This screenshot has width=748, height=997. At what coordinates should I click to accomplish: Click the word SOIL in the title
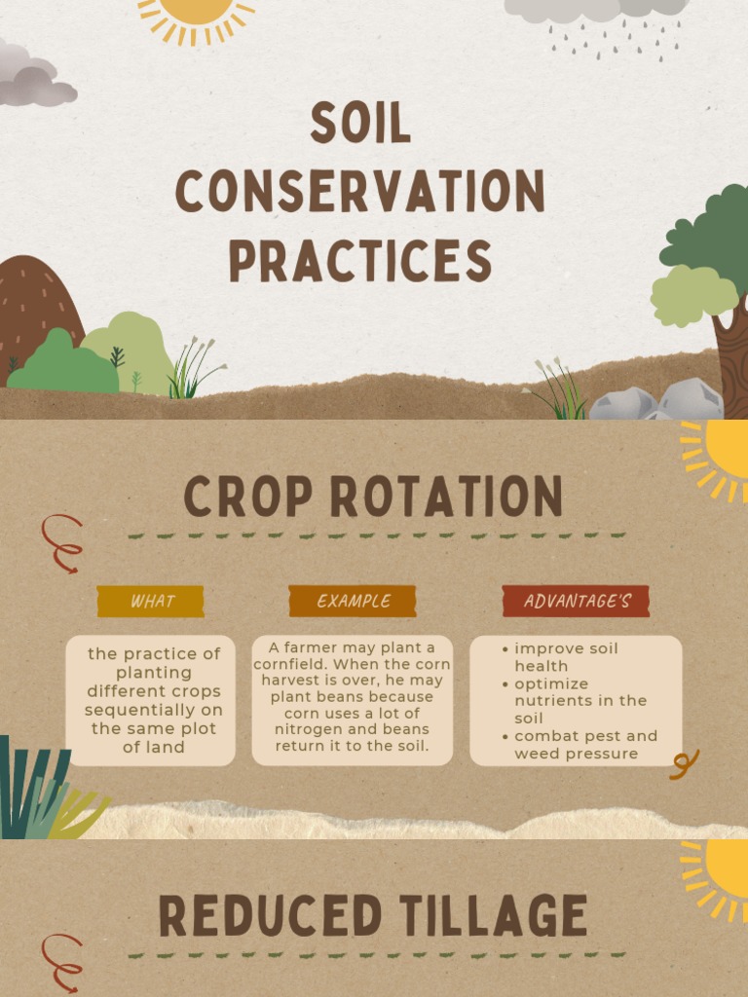(360, 124)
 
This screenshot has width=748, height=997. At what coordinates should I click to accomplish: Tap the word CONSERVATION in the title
(359, 192)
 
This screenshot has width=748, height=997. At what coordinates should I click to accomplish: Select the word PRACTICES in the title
(359, 261)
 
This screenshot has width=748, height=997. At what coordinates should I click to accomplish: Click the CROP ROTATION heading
(373, 497)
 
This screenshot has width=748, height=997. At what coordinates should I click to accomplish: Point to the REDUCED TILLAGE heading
(373, 916)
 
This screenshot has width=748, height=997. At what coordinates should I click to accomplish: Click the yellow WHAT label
(151, 601)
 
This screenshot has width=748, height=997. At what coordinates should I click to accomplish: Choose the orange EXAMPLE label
(353, 601)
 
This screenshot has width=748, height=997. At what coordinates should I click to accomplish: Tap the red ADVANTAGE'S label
(575, 601)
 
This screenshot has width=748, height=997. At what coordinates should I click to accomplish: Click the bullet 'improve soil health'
(566, 657)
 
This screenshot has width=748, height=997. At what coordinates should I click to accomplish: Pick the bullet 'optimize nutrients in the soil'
(580, 701)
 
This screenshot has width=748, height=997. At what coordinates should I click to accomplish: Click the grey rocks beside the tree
(657, 400)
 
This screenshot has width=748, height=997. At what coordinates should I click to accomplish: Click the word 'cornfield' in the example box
(292, 664)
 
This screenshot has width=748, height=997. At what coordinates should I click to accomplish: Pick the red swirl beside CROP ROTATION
(61, 542)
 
